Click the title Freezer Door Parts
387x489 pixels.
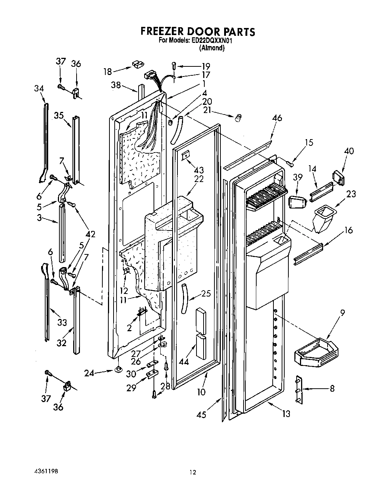click(x=198, y=32)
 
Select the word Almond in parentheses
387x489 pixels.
click(x=212, y=48)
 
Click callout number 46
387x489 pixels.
click(x=277, y=118)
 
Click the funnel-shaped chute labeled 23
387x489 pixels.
click(x=321, y=220)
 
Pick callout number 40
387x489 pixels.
click(x=349, y=151)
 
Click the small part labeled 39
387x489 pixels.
click(x=297, y=203)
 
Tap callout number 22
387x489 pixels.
click(x=199, y=179)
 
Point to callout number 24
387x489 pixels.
click(x=89, y=372)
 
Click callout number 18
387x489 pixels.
click(x=108, y=71)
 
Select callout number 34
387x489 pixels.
click(x=39, y=88)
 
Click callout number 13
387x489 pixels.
click(x=286, y=413)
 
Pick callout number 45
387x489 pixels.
click(x=201, y=414)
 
